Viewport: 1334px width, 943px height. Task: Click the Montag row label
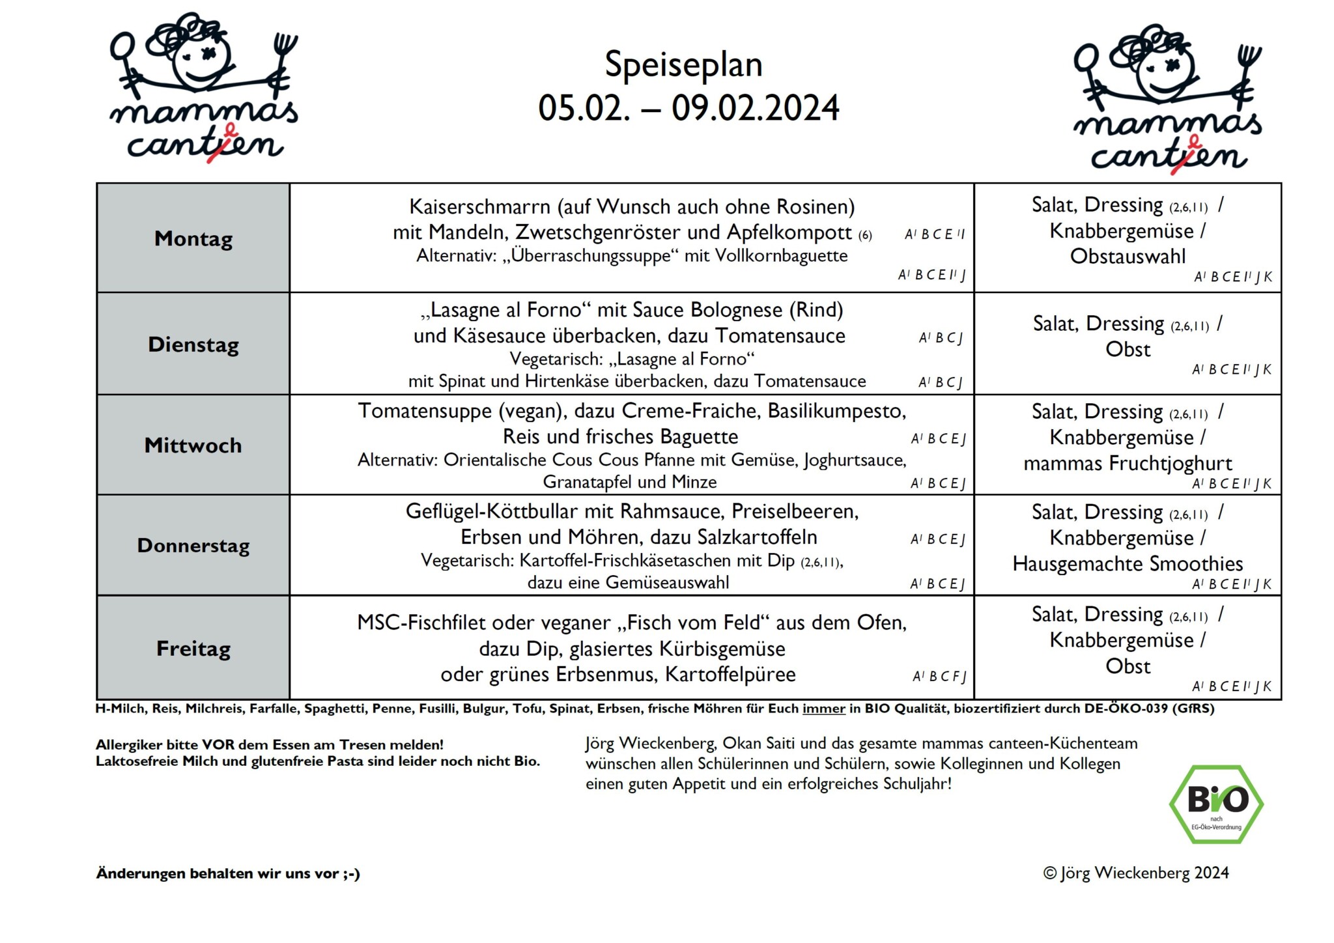click(193, 239)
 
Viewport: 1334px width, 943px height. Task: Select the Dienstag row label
click(193, 345)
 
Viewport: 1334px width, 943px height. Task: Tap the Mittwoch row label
click(193, 445)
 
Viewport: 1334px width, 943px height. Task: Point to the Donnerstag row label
click(193, 546)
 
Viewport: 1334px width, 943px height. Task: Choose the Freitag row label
click(193, 649)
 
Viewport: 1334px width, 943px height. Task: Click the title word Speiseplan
click(683, 65)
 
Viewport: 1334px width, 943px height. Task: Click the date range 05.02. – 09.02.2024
click(688, 108)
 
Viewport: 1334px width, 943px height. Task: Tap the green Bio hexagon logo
click(1216, 804)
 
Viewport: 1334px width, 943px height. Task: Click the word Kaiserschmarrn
click(479, 207)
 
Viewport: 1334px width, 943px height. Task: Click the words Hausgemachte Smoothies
click(1128, 564)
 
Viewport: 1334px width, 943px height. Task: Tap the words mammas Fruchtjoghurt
click(1128, 464)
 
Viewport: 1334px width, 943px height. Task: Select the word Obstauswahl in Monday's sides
click(1128, 257)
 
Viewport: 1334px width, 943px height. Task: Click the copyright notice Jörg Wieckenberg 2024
click(1136, 873)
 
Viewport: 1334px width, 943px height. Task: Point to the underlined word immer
click(823, 709)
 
